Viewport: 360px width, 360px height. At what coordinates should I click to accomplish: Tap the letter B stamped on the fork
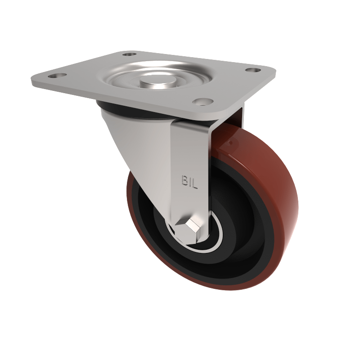coord(184,180)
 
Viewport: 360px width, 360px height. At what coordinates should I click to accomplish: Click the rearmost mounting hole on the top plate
coord(129,54)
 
